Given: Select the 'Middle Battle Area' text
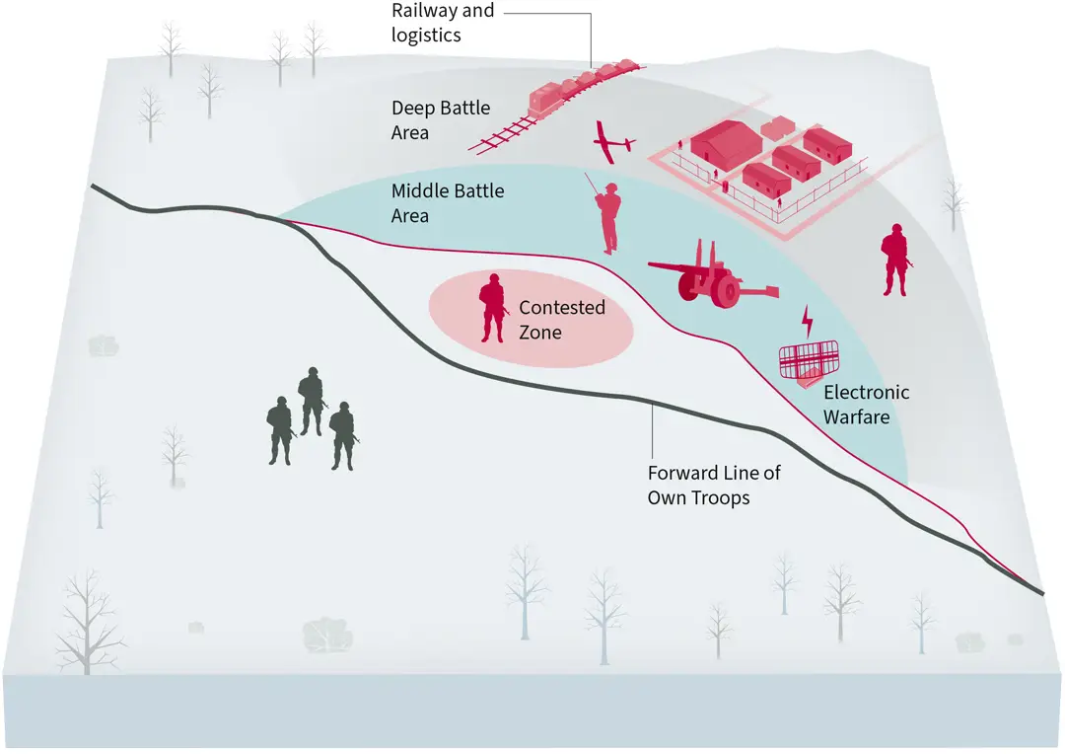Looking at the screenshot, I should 447,202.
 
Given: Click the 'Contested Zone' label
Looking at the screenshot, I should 561,320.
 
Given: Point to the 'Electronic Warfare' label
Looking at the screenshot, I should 866,405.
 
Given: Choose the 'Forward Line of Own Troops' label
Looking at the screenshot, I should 713,485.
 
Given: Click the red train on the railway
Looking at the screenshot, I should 582,83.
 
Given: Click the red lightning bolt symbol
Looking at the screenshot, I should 808,320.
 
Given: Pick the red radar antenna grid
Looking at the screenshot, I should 809,360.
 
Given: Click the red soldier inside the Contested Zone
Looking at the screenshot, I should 492,308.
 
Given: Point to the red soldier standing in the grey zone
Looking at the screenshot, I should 894,260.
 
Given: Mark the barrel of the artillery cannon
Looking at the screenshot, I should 674,266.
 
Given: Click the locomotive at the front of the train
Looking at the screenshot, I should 546,99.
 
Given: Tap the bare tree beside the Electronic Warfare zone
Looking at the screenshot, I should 953,201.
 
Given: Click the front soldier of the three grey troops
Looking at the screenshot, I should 342,435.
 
